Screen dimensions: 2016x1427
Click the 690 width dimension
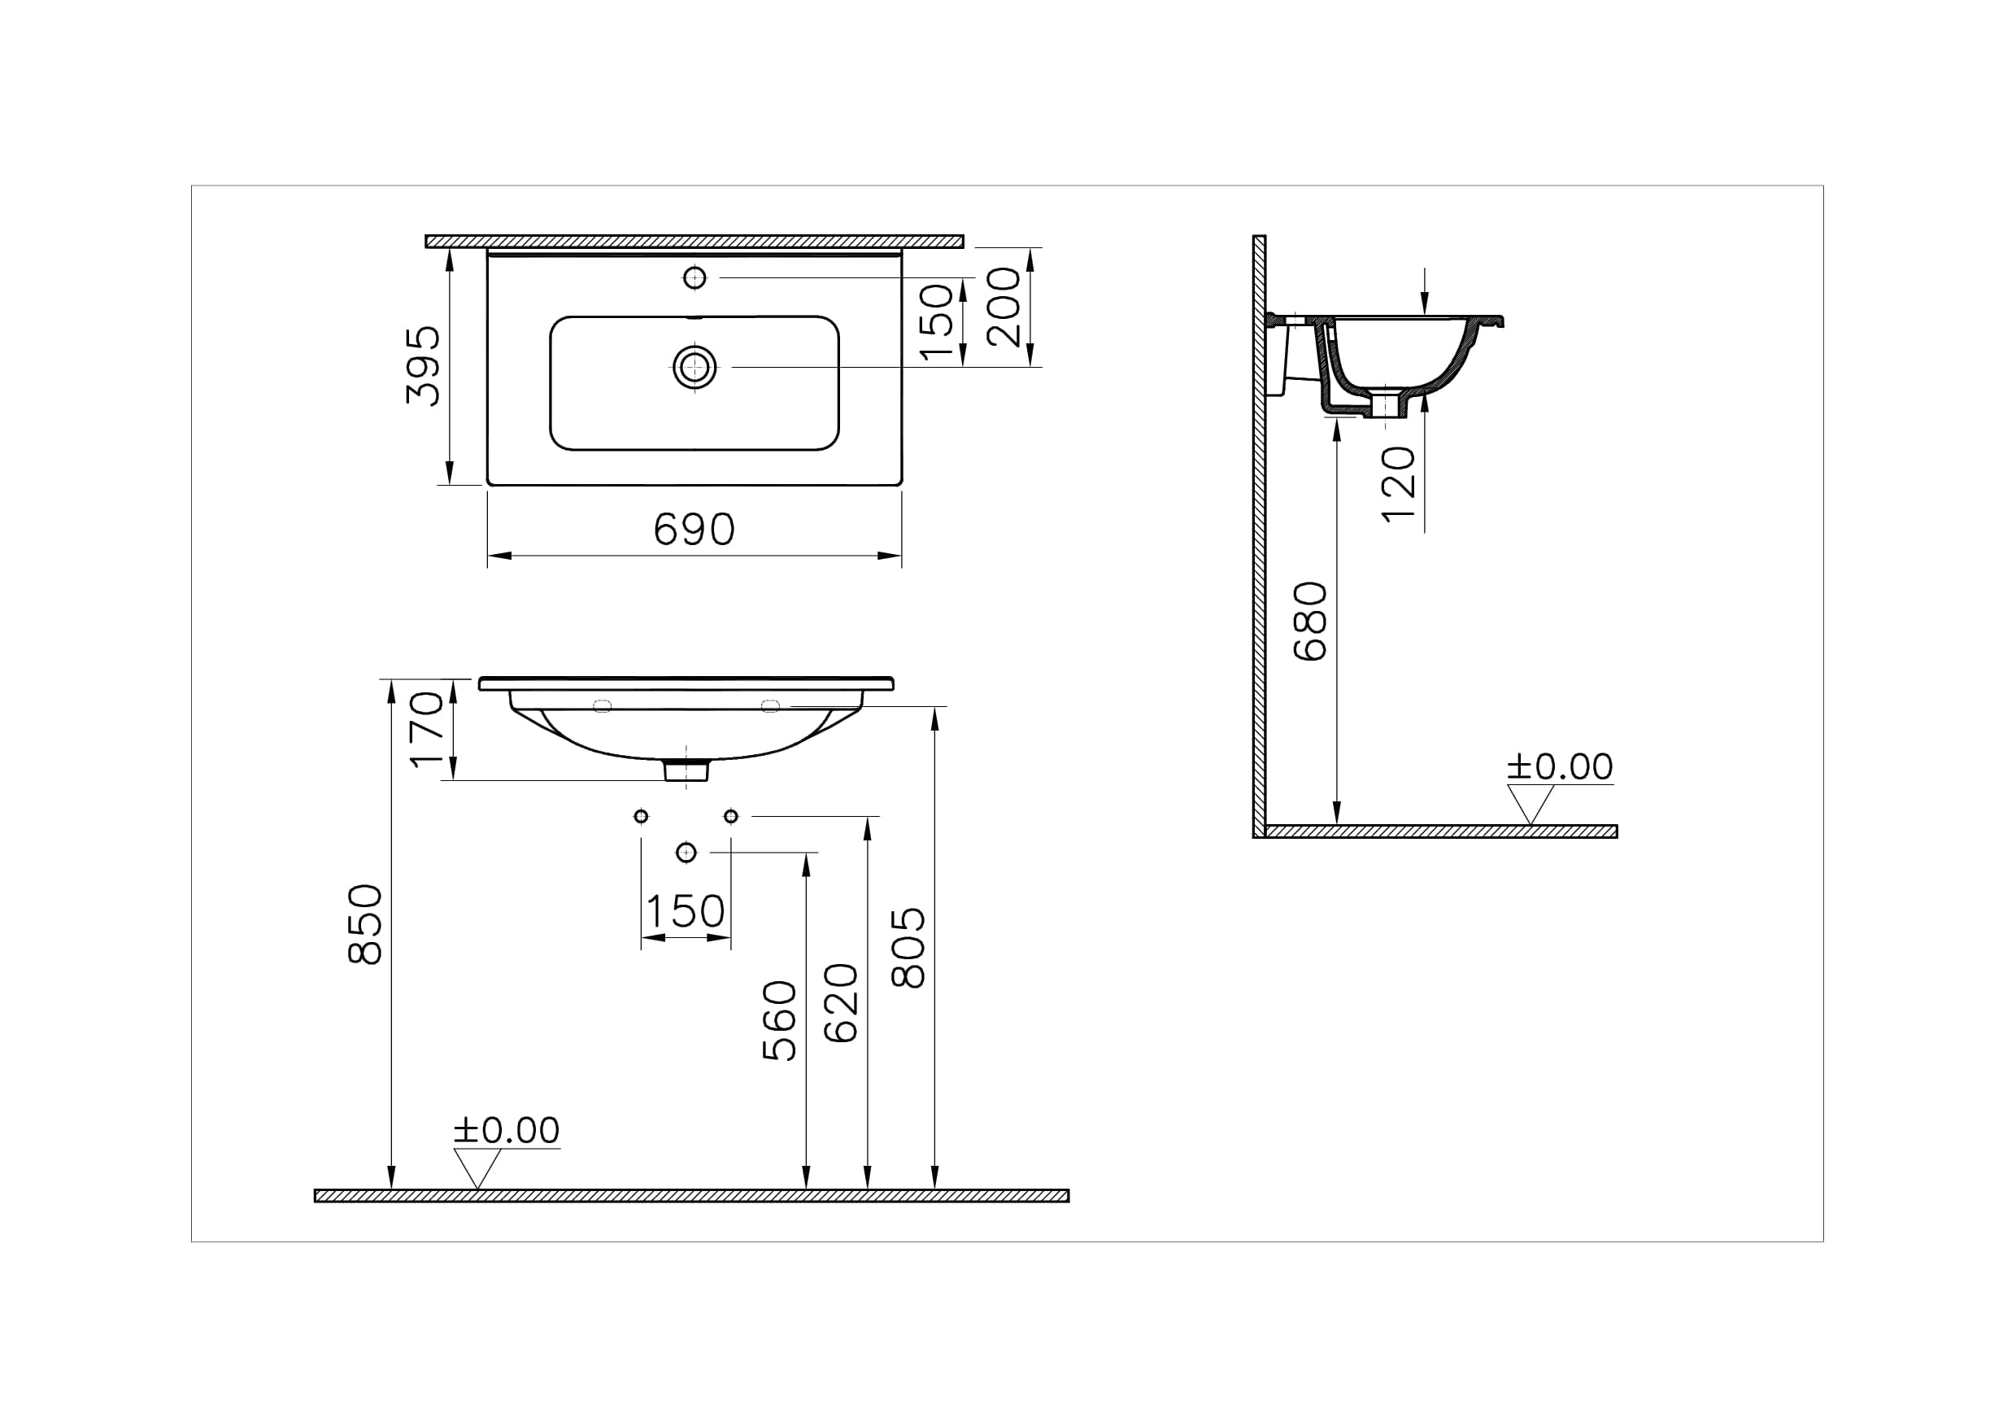tap(694, 529)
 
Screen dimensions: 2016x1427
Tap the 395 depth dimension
tap(423, 365)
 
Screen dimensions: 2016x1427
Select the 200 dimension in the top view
tap(1004, 307)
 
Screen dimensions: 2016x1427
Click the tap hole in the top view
tap(694, 277)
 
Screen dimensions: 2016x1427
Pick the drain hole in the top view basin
tap(694, 366)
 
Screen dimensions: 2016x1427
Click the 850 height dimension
tap(365, 924)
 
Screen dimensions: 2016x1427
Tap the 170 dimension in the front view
tap(428, 729)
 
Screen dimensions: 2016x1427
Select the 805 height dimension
tap(908, 948)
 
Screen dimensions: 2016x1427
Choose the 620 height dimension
tap(841, 1003)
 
